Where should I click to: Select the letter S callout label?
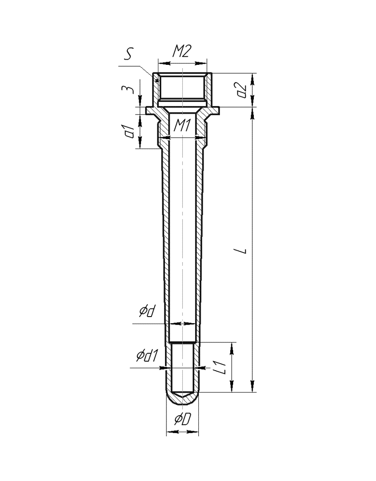(x=128, y=54)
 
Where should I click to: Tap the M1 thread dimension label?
(x=183, y=125)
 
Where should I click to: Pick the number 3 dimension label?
(x=129, y=90)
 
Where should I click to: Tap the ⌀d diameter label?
(x=147, y=311)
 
